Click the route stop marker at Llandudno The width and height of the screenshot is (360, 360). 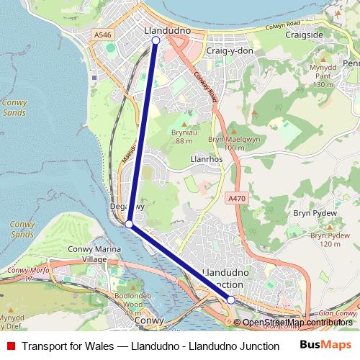pyautogui.click(x=156, y=41)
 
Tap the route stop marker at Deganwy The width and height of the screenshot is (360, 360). pyautogui.click(x=129, y=225)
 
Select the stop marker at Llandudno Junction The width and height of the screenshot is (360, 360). pyautogui.click(x=231, y=300)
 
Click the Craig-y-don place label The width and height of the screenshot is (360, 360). pyautogui.click(x=230, y=52)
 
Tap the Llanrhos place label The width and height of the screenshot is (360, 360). pyautogui.click(x=202, y=158)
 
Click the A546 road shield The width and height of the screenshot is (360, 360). pyautogui.click(x=102, y=33)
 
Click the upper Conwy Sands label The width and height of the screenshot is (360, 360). pyautogui.click(x=14, y=107)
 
